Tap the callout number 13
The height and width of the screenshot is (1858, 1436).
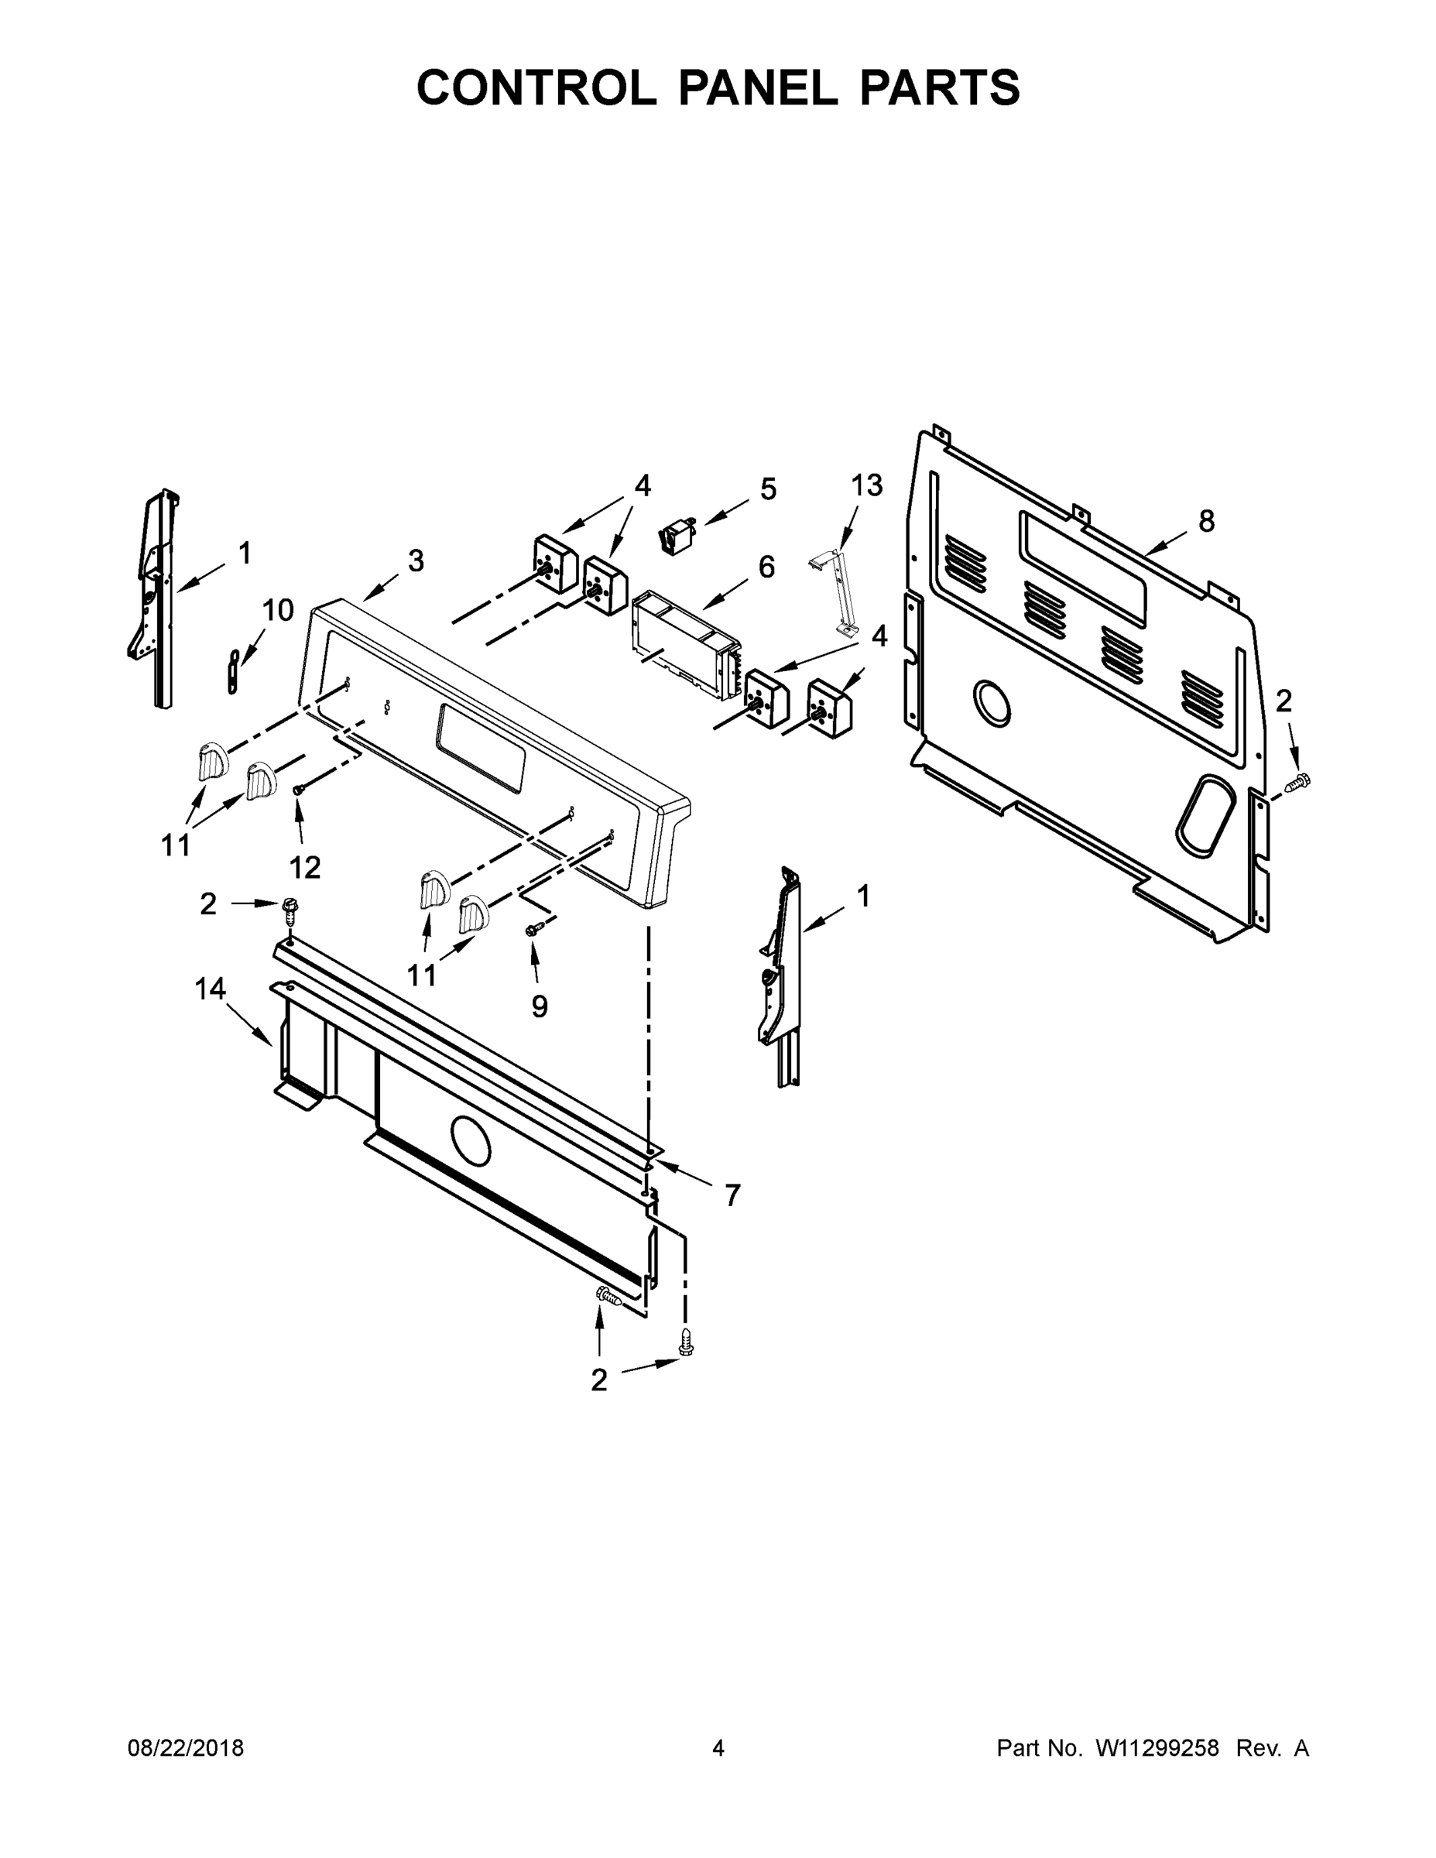coord(867,485)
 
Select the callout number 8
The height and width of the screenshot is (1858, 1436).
coord(1206,521)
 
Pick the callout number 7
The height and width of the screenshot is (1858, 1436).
coord(732,1195)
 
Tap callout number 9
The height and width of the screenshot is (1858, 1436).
coord(540,1006)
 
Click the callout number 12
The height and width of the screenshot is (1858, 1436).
coord(304,867)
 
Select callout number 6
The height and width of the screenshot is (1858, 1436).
coord(766,567)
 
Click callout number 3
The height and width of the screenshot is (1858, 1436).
coord(415,560)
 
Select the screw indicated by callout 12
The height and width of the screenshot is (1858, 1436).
coord(299,790)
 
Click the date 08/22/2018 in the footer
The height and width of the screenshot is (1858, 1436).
coord(186,1747)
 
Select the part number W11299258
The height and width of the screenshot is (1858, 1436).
coord(1157,1747)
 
